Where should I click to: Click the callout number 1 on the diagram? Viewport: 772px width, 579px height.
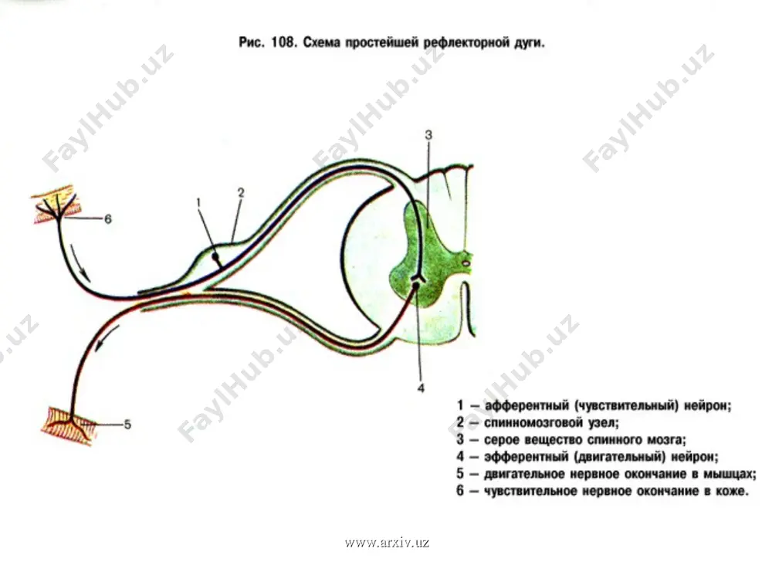[x=198, y=202]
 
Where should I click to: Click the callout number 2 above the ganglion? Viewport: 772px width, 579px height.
[x=241, y=192]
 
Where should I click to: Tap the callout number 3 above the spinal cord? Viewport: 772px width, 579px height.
[x=428, y=134]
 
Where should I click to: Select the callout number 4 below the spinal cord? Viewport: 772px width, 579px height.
[x=421, y=388]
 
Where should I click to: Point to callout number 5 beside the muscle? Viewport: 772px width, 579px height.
[x=127, y=425]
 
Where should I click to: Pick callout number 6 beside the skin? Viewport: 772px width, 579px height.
[x=108, y=218]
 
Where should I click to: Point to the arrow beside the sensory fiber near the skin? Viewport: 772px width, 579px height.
[x=80, y=262]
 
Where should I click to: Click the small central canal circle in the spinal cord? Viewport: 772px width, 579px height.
[x=466, y=264]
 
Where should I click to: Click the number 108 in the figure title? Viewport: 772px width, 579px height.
[x=283, y=42]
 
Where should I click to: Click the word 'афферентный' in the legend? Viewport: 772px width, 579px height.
[x=527, y=406]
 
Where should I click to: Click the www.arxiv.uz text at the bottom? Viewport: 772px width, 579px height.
[x=387, y=543]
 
